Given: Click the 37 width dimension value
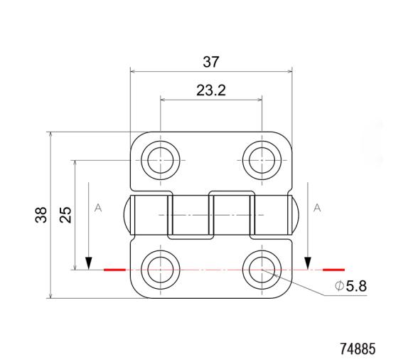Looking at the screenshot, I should click(210, 62).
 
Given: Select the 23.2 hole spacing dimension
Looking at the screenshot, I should click(210, 91).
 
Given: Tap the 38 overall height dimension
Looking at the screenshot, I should click(41, 215).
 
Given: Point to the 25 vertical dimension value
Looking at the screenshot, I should click(65, 215).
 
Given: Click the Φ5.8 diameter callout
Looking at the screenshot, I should click(350, 287).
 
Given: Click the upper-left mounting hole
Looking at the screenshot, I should click(161, 160).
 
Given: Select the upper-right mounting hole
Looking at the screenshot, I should click(262, 160).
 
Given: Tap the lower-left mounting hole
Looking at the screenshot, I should click(161, 270).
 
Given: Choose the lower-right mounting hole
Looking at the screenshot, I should click(262, 270).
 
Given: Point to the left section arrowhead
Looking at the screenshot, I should click(88, 263).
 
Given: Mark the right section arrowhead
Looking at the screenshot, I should click(307, 263).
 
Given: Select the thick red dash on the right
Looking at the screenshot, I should click(333, 270).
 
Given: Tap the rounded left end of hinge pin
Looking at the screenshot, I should click(127, 214).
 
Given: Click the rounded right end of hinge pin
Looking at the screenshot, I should click(296, 214).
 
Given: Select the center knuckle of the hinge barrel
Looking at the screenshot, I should click(211, 214).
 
